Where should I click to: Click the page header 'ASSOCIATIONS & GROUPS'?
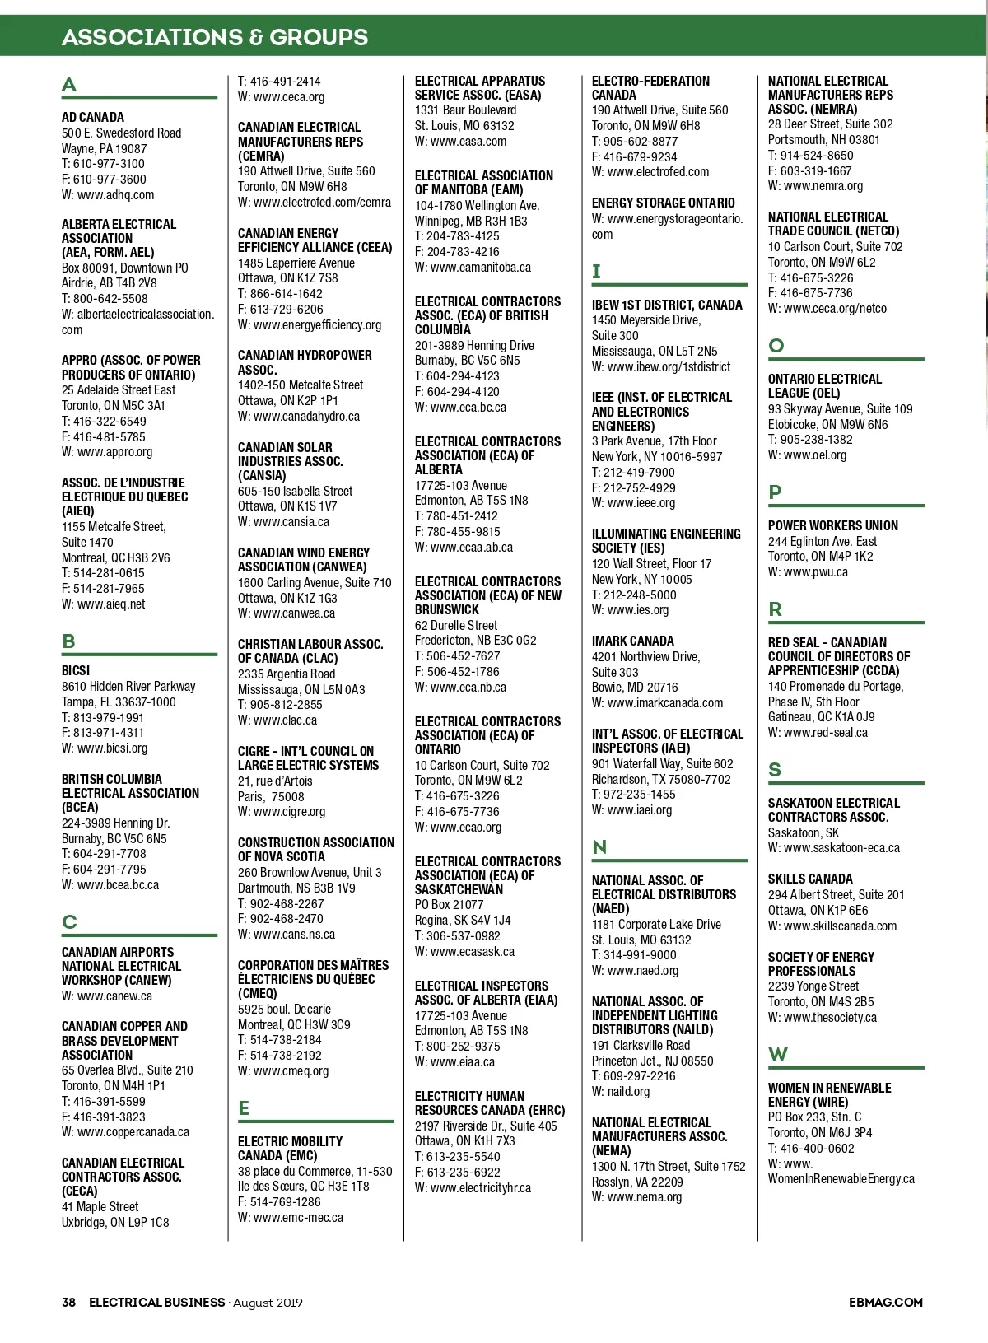click(x=215, y=37)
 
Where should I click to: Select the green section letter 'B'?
click(x=69, y=641)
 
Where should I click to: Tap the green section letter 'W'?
click(x=777, y=1055)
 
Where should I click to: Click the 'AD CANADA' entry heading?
click(x=93, y=118)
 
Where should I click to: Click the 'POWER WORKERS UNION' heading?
click(x=832, y=525)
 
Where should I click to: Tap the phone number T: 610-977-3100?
click(x=103, y=164)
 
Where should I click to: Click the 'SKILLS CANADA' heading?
click(x=810, y=879)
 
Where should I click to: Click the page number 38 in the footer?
click(x=69, y=1302)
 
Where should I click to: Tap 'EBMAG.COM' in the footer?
click(x=885, y=1302)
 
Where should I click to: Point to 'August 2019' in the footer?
click(x=268, y=1302)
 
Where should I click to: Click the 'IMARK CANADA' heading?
click(x=632, y=641)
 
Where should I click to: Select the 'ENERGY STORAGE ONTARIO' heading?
click(x=663, y=203)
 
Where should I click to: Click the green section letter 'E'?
click(x=244, y=1108)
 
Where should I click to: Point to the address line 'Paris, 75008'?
click(x=271, y=796)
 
